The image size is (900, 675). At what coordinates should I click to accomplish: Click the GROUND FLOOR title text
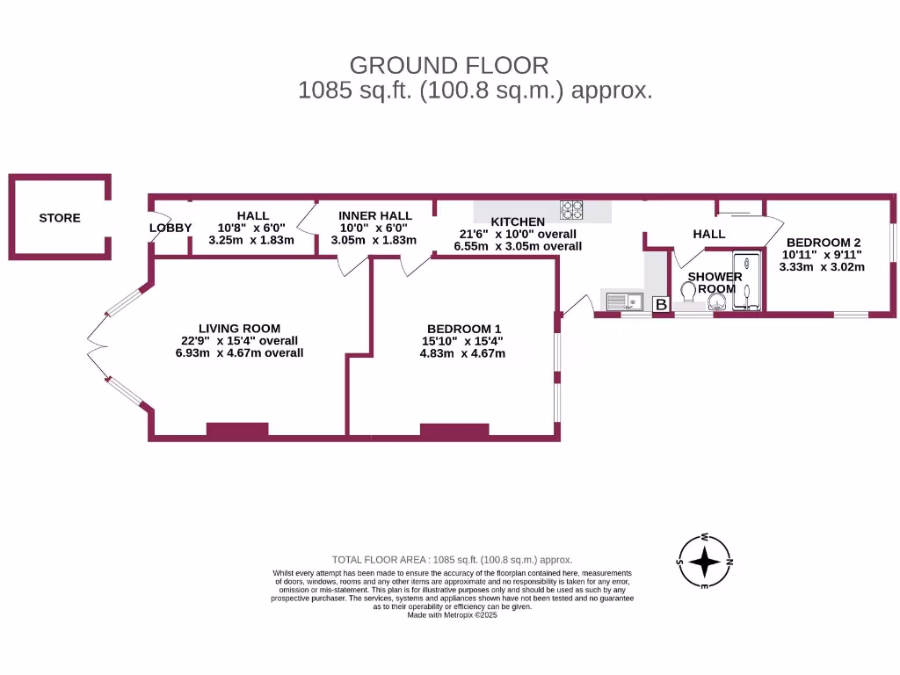click(x=448, y=65)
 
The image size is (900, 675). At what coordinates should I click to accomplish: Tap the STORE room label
click(x=60, y=218)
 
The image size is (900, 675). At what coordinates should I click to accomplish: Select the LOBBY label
click(x=170, y=228)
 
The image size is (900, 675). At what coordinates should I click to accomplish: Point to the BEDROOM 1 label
click(x=463, y=329)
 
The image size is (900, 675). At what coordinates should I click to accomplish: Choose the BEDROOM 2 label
click(x=824, y=243)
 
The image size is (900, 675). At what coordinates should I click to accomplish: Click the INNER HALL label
click(x=375, y=216)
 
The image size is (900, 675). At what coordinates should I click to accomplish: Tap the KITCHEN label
click(x=518, y=221)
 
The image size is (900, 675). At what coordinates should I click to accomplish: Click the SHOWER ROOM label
click(x=715, y=282)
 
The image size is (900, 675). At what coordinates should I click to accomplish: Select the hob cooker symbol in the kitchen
click(x=573, y=210)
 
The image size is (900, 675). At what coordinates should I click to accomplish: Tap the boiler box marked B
click(x=661, y=304)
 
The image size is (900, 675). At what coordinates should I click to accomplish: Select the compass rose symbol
click(x=705, y=561)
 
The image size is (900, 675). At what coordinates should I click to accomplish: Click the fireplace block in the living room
click(x=237, y=430)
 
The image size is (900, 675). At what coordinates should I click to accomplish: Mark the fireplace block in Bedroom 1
click(x=454, y=430)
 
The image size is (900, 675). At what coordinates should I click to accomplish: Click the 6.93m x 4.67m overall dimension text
click(x=239, y=353)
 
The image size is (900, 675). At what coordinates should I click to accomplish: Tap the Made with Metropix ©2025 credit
click(x=452, y=615)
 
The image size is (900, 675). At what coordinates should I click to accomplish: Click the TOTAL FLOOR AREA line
click(x=452, y=559)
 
